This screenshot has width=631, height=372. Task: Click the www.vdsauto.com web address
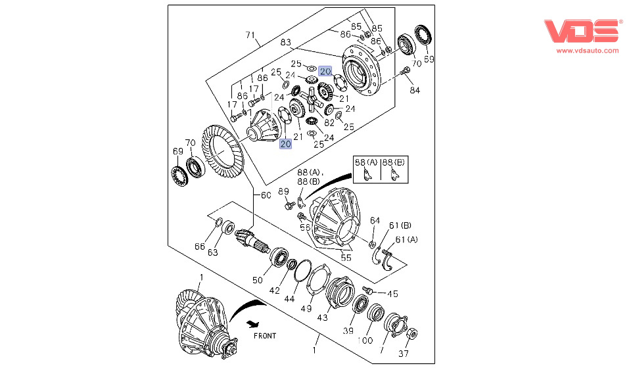pos(588,51)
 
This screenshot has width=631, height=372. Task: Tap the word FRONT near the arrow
pos(265,336)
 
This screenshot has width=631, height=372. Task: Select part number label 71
pos(250,35)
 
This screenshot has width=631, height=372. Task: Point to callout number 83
pos(286,42)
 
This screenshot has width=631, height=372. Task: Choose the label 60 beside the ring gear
pos(266,195)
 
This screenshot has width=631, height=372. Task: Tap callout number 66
pos(200,246)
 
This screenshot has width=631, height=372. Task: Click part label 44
pos(289,298)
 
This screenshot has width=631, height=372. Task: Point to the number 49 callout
pos(306,308)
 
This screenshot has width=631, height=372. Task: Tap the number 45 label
pos(392,294)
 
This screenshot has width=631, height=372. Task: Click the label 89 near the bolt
pos(283,191)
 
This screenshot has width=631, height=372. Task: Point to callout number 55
pos(346,258)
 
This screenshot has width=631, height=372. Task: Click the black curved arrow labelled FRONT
pos(244,310)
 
